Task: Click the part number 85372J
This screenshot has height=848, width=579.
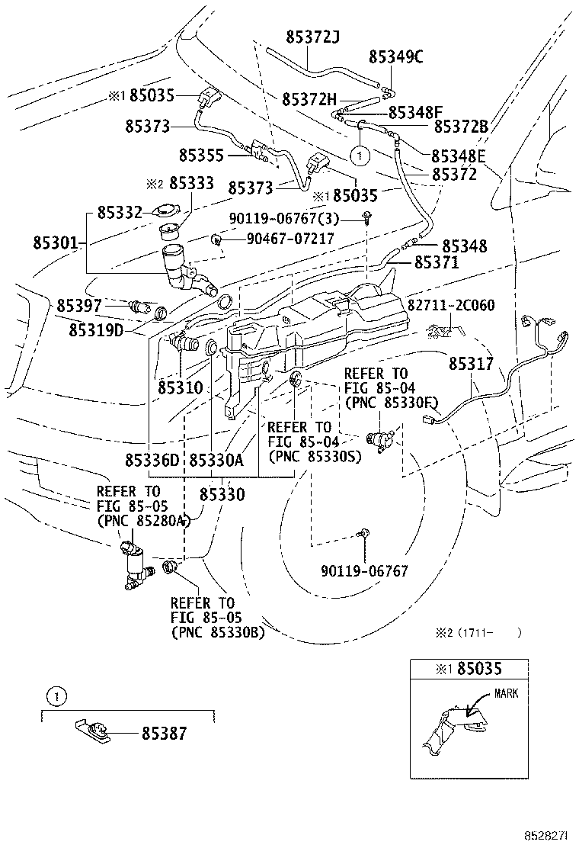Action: pyautogui.click(x=312, y=37)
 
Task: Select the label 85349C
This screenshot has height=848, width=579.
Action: pyautogui.click(x=396, y=56)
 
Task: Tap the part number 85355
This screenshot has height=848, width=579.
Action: pyautogui.click(x=201, y=156)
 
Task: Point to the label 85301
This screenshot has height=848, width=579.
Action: pyautogui.click(x=56, y=243)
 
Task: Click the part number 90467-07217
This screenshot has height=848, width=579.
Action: pyautogui.click(x=290, y=238)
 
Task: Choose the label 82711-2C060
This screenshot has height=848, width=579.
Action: pyautogui.click(x=450, y=305)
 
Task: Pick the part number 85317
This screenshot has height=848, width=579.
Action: pyautogui.click(x=471, y=364)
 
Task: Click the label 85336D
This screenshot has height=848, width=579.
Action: pyautogui.click(x=152, y=460)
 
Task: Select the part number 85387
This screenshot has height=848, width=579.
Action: pyautogui.click(x=165, y=734)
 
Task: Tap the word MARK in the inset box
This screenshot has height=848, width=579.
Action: pyautogui.click(x=506, y=692)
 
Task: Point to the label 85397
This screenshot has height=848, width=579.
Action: pyautogui.click(x=79, y=306)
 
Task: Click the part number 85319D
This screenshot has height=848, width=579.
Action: pyautogui.click(x=96, y=329)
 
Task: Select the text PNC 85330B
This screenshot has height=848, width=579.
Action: pyautogui.click(x=218, y=631)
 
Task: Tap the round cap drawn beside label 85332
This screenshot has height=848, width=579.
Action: pyautogui.click(x=166, y=211)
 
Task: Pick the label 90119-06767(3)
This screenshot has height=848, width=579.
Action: pyautogui.click(x=284, y=219)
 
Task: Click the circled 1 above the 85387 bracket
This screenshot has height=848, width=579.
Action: pyautogui.click(x=56, y=695)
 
